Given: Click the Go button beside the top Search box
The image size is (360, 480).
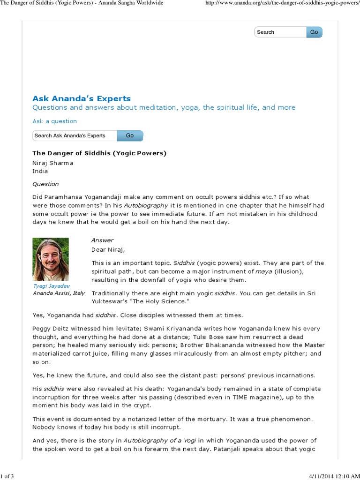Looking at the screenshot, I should click(x=314, y=32).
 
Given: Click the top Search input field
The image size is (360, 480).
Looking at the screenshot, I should click(x=280, y=32).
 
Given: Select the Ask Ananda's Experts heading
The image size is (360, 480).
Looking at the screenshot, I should click(x=81, y=98).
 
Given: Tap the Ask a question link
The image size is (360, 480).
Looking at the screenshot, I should click(x=54, y=121).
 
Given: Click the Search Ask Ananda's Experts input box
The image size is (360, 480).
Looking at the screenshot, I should click(x=74, y=135).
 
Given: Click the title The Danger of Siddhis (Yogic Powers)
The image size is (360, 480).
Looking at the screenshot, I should click(x=99, y=153).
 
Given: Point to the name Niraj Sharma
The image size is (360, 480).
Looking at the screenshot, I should click(x=52, y=163).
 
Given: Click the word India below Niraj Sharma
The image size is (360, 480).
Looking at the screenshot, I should click(x=40, y=171).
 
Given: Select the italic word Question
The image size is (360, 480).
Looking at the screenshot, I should click(x=45, y=184).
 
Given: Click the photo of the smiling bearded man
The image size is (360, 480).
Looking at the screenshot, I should click(x=51, y=259).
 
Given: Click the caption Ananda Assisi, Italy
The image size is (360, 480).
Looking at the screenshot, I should click(x=59, y=293).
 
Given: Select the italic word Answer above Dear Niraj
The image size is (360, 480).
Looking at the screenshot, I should click(x=102, y=240).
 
